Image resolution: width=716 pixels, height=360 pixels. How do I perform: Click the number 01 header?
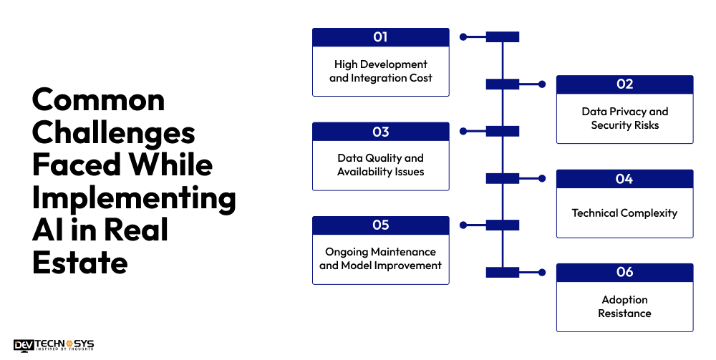(380, 37)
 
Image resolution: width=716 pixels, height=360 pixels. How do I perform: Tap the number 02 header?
(624, 84)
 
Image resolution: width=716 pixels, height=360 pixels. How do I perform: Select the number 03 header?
(380, 132)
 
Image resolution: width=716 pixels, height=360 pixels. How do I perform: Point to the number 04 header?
(624, 179)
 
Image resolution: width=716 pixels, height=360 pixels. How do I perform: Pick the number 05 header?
(380, 225)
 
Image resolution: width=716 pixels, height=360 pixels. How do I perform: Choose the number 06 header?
(624, 273)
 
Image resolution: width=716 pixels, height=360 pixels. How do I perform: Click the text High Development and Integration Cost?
(380, 71)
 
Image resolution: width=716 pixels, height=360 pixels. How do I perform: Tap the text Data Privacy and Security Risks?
(624, 118)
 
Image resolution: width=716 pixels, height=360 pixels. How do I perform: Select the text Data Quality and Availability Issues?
(380, 165)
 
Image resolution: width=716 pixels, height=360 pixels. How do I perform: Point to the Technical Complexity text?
(624, 213)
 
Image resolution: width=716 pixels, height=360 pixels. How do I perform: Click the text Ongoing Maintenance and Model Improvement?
(380, 258)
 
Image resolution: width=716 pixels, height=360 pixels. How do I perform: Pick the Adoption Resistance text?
(624, 306)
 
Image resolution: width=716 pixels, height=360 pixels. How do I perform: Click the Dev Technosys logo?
(54, 346)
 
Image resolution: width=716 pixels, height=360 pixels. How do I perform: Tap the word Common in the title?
(98, 99)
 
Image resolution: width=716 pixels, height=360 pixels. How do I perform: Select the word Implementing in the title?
(134, 198)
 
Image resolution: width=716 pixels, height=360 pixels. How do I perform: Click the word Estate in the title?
(79, 263)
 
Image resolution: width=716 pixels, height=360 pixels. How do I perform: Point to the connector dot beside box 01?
(463, 37)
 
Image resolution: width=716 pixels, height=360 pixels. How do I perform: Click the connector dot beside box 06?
(542, 273)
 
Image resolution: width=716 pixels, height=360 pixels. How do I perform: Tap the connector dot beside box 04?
(542, 179)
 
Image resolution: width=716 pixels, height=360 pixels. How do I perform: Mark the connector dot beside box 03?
(463, 132)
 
